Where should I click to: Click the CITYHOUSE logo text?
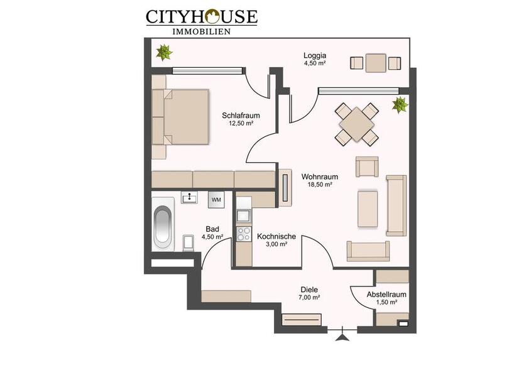(x=201, y=16)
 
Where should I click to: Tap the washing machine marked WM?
(x=216, y=199)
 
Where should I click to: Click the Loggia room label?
(x=314, y=55)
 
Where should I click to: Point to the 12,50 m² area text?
(x=241, y=124)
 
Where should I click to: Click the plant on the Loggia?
(x=165, y=52)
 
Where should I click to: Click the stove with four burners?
(x=243, y=234)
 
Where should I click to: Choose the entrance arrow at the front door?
(x=342, y=337)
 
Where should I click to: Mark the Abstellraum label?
(x=386, y=293)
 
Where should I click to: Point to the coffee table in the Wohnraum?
(x=368, y=209)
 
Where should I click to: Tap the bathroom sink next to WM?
(x=189, y=198)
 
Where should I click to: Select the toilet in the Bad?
(x=188, y=242)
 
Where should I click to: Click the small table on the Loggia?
(x=376, y=63)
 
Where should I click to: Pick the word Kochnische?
(x=276, y=236)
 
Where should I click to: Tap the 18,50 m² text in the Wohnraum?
(x=320, y=185)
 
